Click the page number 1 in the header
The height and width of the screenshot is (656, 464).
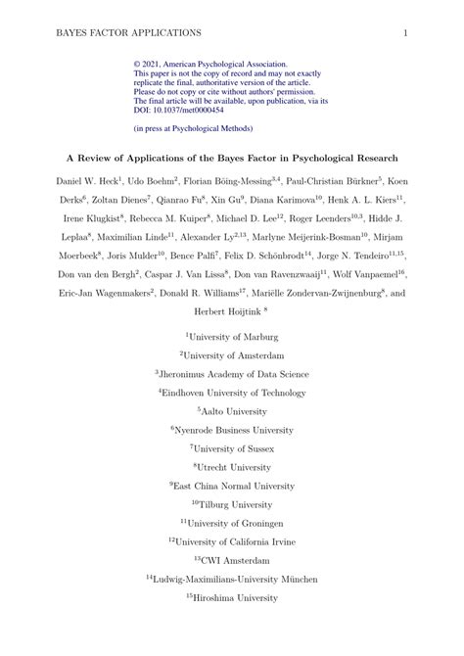tap(405, 32)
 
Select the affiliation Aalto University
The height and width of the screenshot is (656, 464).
tap(236, 411)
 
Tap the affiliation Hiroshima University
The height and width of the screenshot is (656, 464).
tap(236, 597)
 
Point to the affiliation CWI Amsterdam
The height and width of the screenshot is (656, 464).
tap(235, 560)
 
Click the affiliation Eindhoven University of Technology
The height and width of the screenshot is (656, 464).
tap(236, 393)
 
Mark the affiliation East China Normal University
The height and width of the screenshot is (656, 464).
tap(235, 486)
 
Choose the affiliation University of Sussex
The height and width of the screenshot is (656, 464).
tap(235, 448)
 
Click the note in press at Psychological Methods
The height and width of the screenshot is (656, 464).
tap(192, 128)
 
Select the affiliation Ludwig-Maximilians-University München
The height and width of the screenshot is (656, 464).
tap(235, 579)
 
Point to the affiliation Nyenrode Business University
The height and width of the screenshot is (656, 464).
tap(235, 430)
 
